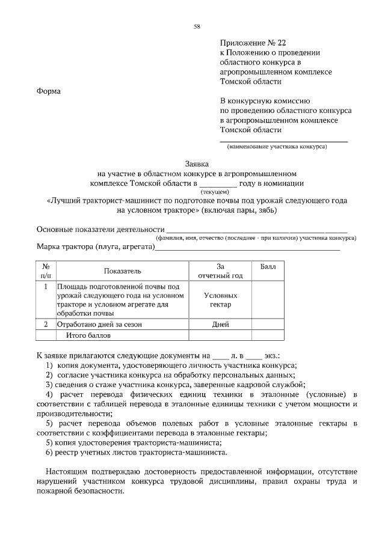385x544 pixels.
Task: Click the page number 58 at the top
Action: coord(197,26)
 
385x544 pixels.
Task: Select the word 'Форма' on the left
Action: coord(49,91)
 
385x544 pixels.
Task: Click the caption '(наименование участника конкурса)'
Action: coord(277,147)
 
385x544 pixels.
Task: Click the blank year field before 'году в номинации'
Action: coord(218,184)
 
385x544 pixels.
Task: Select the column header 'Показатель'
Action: coord(122,271)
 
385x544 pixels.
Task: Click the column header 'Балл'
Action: coord(268,267)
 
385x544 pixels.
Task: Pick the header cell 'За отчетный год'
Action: coord(220,271)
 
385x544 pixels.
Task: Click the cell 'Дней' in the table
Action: coord(220,325)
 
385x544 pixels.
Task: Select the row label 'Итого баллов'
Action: coord(90,335)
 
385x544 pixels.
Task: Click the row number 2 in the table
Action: coord(46,325)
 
